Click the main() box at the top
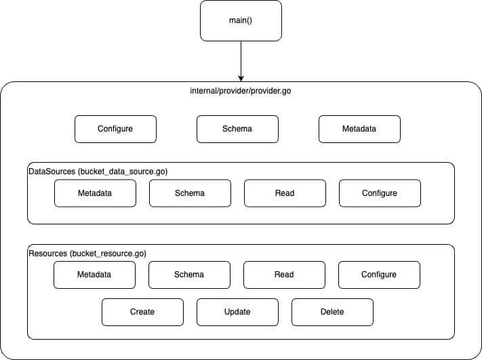(241, 20)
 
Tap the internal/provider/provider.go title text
(241, 90)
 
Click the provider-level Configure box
(115, 129)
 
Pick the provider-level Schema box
(237, 129)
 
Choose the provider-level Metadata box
(359, 129)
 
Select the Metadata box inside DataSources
(95, 193)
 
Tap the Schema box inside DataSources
(190, 193)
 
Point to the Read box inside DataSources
(285, 193)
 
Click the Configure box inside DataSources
(380, 193)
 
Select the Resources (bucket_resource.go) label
(87, 254)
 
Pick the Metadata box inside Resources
(94, 275)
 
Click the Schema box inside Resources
(189, 275)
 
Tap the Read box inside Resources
(284, 275)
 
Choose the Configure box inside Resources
(379, 275)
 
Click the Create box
(142, 312)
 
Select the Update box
(237, 312)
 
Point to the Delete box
(332, 312)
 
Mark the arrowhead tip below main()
(241, 80)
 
